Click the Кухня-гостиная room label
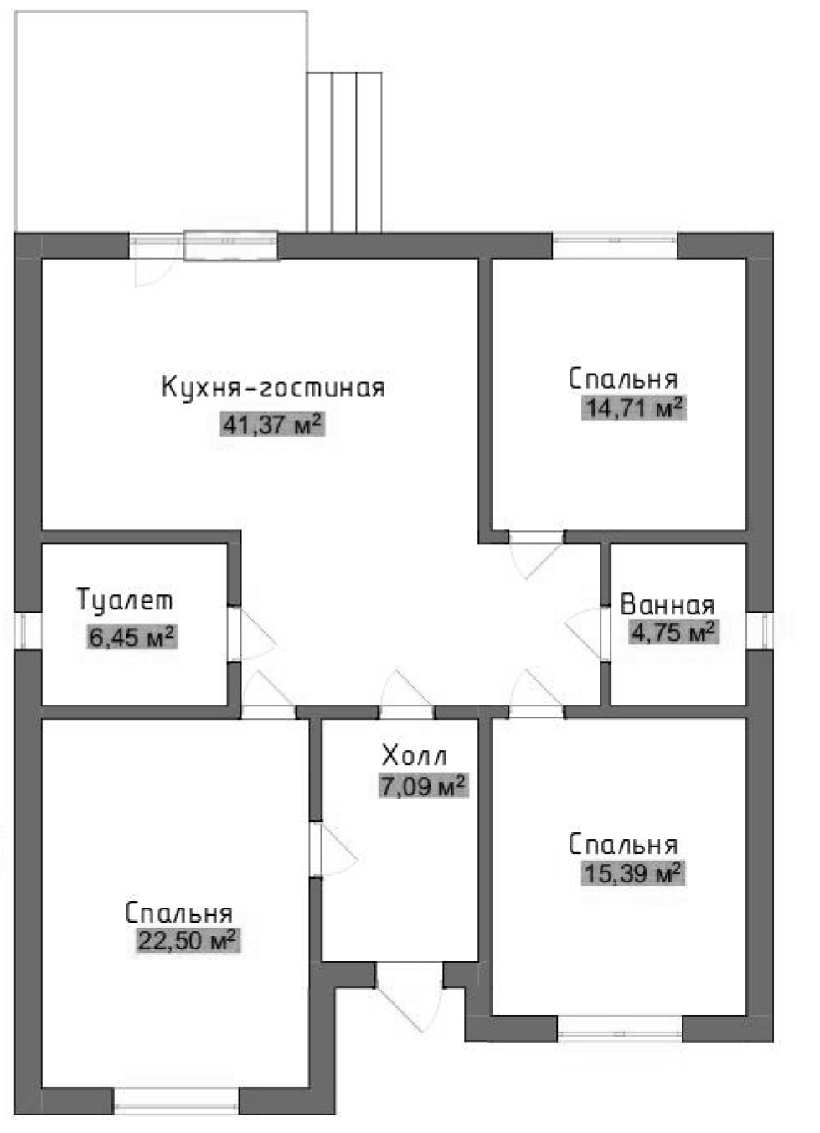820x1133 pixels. coord(272,388)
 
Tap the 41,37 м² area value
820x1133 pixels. coord(271,425)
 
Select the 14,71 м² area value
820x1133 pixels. coord(633,409)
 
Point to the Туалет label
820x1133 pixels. coord(125,600)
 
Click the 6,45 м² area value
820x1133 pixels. coord(132,638)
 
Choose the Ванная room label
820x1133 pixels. coord(667,605)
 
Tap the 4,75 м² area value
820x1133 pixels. coord(673,632)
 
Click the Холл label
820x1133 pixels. coord(414,756)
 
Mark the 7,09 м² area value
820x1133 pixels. coord(423,787)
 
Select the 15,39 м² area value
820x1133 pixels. coord(632,874)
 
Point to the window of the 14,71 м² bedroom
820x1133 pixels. coord(614,245)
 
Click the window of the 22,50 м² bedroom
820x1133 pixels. coord(176,1101)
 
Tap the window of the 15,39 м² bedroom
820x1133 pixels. coord(620,1027)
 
